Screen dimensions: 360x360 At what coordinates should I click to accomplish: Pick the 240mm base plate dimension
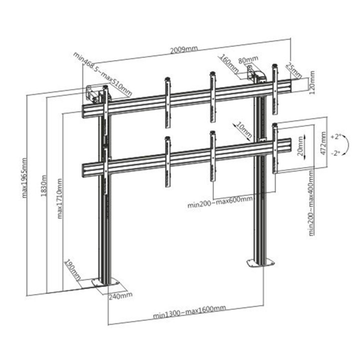click(120, 295)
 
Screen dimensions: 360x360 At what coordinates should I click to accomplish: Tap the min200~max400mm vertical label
click(311, 202)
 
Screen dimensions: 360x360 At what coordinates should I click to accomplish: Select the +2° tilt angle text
click(335, 135)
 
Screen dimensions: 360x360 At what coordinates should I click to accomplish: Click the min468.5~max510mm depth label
click(102, 73)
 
